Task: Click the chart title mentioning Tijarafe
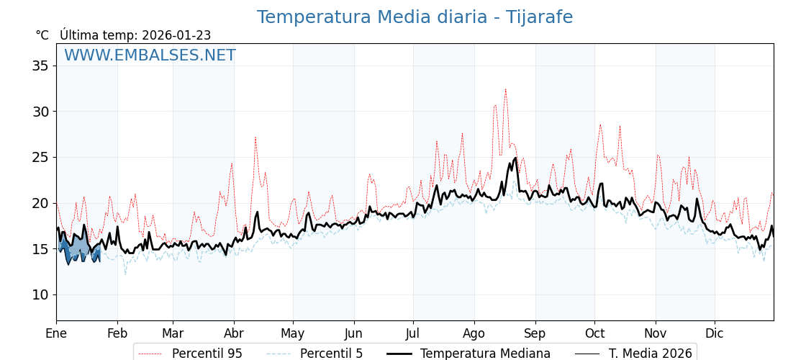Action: (x=415, y=17)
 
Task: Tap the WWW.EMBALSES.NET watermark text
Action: (x=150, y=55)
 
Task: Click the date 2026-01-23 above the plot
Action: (x=176, y=35)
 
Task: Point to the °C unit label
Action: (x=42, y=35)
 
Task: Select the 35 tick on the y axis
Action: (x=40, y=66)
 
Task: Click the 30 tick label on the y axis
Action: (x=40, y=112)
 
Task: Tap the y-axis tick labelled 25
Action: (x=40, y=157)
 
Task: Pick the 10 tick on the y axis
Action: (x=40, y=294)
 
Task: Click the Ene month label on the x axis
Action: (x=56, y=333)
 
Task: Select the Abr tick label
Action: (x=234, y=333)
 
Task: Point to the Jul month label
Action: (x=413, y=333)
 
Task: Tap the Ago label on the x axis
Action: (x=474, y=333)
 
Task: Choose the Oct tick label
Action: (x=594, y=333)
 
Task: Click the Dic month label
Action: (x=715, y=333)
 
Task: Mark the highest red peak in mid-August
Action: (x=505, y=90)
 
